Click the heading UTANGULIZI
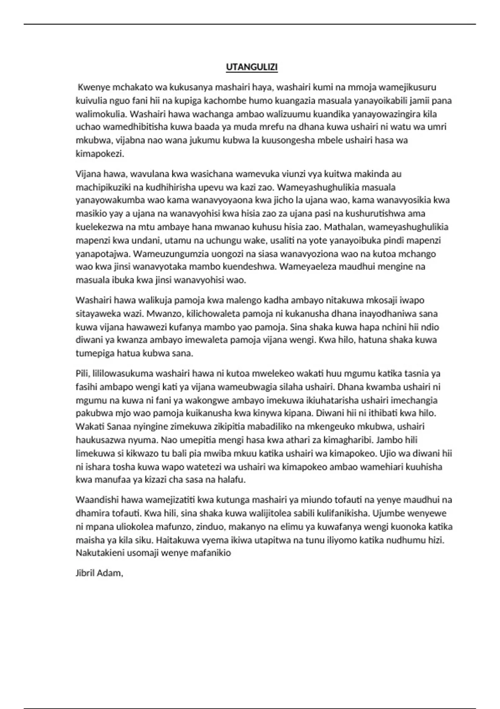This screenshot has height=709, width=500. point(252,67)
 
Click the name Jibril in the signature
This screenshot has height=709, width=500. point(85,573)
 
